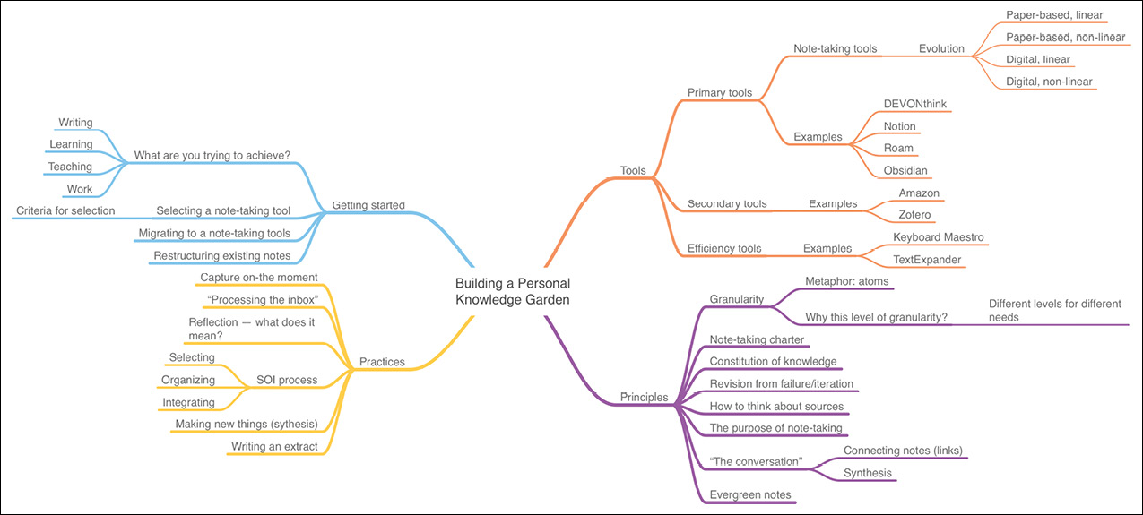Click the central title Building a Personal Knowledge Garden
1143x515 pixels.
pyautogui.click(x=512, y=291)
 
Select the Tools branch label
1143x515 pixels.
pyautogui.click(x=633, y=170)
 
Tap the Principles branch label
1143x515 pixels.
pyautogui.click(x=644, y=397)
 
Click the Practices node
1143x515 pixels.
pyautogui.click(x=382, y=362)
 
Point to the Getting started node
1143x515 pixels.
pyautogui.click(x=368, y=205)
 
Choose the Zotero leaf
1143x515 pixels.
pyautogui.click(x=916, y=215)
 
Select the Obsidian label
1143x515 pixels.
pyautogui.click(x=905, y=170)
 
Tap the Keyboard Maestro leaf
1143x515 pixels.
pyautogui.click(x=938, y=237)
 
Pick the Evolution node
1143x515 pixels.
pyautogui.click(x=941, y=48)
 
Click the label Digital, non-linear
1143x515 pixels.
pyautogui.click(x=1049, y=82)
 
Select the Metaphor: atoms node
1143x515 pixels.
pyautogui.click(x=843, y=281)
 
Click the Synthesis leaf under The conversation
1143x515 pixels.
pyautogui.click(x=867, y=472)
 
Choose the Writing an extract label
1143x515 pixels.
pyautogui.click(x=274, y=446)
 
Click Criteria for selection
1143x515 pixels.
pyautogui.click(x=65, y=210)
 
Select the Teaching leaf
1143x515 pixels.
pyautogui.click(x=70, y=167)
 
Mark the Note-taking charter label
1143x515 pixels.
pyautogui.click(x=757, y=339)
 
